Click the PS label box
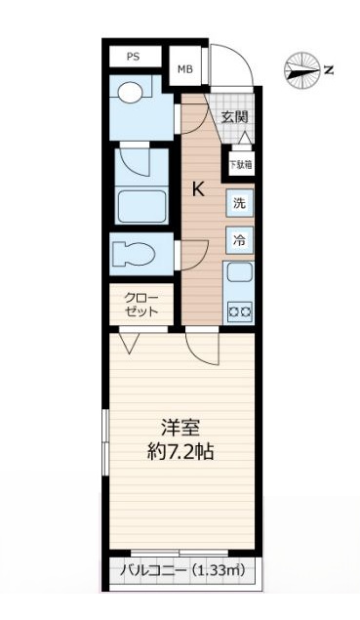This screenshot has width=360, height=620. (x=133, y=57)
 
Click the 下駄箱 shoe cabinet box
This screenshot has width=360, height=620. (x=239, y=164)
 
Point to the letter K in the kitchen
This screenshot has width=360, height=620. (x=197, y=189)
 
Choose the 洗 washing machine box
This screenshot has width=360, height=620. (x=239, y=204)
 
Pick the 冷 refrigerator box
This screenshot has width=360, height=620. (x=239, y=238)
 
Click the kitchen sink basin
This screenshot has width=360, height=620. (x=239, y=275)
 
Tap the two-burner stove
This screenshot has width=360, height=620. (x=239, y=311)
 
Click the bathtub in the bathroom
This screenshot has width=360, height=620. (x=140, y=206)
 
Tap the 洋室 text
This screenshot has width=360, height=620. (x=181, y=427)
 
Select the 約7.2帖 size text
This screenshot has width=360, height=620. (x=181, y=452)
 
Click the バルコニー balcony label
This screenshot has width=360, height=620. (x=146, y=570)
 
